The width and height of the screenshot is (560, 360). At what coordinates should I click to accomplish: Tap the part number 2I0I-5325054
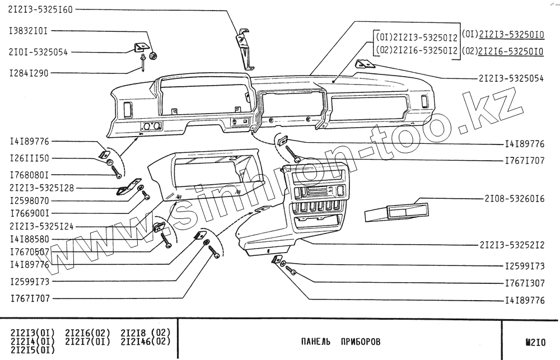[x=38, y=52]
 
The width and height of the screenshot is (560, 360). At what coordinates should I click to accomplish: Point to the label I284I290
[x=29, y=73]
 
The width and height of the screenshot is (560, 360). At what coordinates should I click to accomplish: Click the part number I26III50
[x=29, y=158]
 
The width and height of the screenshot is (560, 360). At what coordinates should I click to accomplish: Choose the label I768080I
[x=29, y=174]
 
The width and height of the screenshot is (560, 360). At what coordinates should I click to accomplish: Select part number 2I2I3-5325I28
[x=41, y=188]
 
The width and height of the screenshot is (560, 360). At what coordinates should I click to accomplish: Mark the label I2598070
[x=29, y=200]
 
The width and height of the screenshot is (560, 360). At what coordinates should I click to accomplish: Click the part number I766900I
[x=29, y=213]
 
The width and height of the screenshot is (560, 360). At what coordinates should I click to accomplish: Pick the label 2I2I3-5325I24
[x=41, y=226]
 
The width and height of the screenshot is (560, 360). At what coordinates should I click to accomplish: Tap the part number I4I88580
[x=29, y=239]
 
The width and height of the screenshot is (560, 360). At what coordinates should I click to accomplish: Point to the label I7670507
[x=29, y=252]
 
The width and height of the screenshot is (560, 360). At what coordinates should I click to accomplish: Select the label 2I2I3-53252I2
[x=512, y=245]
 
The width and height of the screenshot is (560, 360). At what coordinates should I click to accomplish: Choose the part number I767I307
[x=524, y=283]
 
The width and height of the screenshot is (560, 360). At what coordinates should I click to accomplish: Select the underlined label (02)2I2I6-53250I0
[x=502, y=52]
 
